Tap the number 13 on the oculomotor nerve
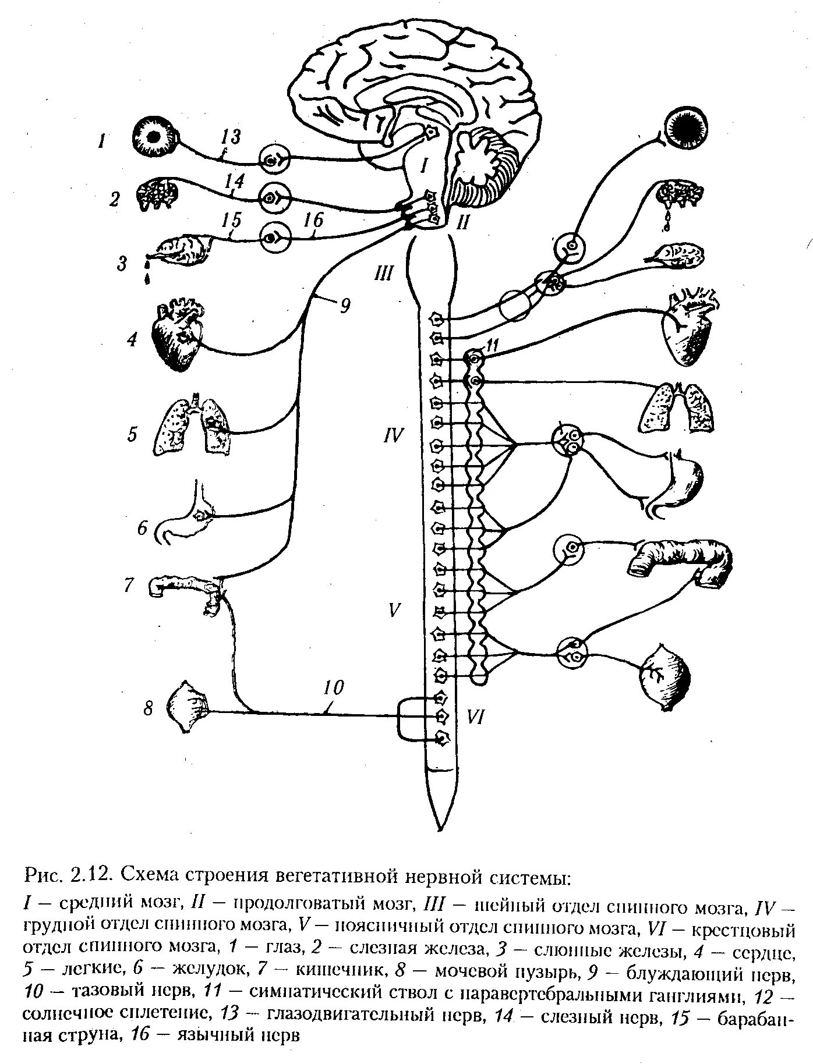click(x=230, y=137)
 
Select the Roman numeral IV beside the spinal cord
click(x=393, y=435)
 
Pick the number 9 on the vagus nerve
click(x=346, y=306)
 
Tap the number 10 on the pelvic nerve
click(x=334, y=687)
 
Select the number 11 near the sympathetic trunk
click(x=493, y=346)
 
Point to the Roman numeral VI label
click(x=475, y=717)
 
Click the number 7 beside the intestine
click(x=129, y=584)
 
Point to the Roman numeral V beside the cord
click(x=395, y=609)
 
